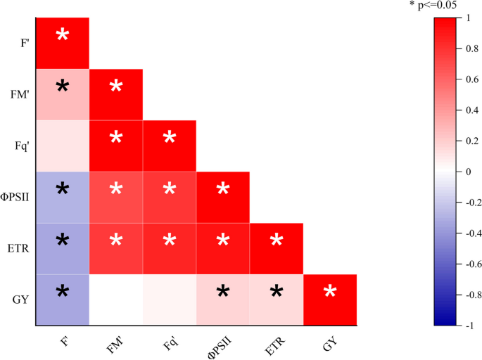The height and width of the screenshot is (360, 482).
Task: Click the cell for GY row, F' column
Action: point(63,300)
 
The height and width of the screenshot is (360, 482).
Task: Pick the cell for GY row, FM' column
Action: point(116,300)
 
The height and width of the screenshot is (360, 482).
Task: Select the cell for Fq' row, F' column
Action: point(63,146)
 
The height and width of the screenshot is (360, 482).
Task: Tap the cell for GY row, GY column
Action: point(330,300)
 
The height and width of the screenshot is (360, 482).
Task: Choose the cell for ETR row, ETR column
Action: point(277,249)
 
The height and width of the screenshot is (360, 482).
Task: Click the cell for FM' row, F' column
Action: point(63,95)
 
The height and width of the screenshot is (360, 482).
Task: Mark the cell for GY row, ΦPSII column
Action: point(223,300)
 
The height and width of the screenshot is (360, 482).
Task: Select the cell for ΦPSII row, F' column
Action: point(63,198)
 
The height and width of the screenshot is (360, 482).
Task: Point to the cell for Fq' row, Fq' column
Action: point(170,146)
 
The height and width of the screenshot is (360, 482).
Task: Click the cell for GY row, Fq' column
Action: point(170,300)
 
